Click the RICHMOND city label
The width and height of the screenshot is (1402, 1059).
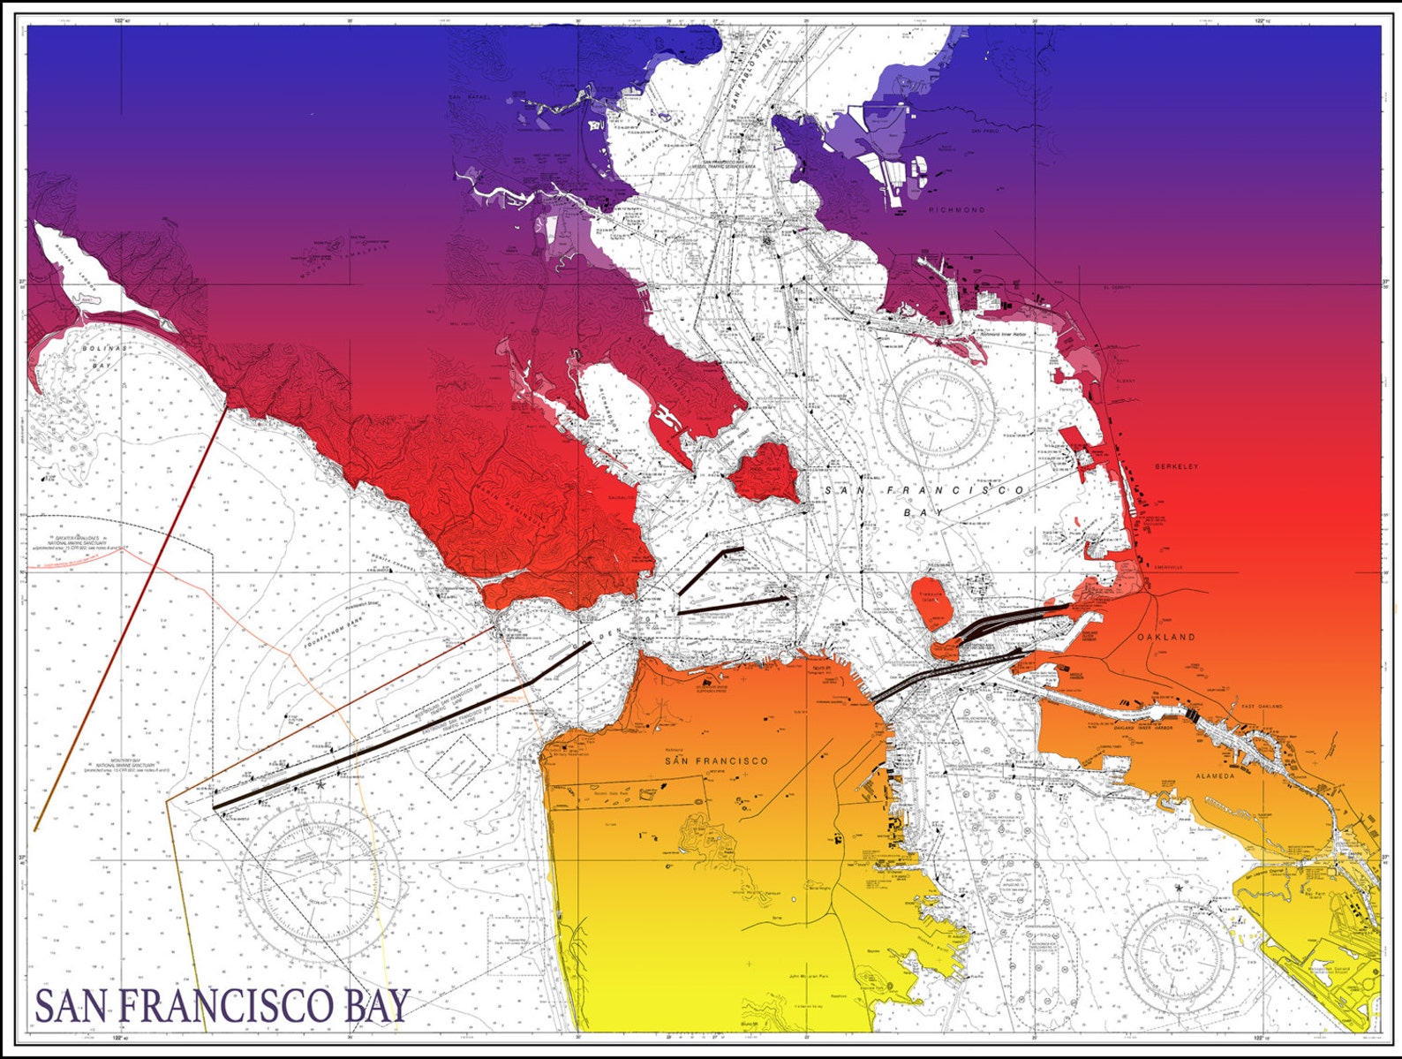pyautogui.click(x=956, y=210)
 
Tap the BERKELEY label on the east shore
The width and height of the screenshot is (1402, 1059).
pyautogui.click(x=1176, y=466)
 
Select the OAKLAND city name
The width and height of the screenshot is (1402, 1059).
pyautogui.click(x=1165, y=637)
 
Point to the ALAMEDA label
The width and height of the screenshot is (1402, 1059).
pyautogui.click(x=1215, y=775)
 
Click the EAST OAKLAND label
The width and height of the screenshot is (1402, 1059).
pyautogui.click(x=1262, y=707)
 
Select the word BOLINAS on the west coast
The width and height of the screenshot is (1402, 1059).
pyautogui.click(x=105, y=349)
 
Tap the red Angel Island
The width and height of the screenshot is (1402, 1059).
pyautogui.click(x=764, y=474)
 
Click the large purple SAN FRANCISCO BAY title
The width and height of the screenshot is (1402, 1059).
pyautogui.click(x=222, y=1005)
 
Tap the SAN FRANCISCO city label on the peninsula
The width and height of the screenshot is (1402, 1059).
pyautogui.click(x=716, y=760)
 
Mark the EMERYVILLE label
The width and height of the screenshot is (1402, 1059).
pyautogui.click(x=1167, y=567)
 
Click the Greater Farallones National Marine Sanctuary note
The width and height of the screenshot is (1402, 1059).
pyautogui.click(x=79, y=541)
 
